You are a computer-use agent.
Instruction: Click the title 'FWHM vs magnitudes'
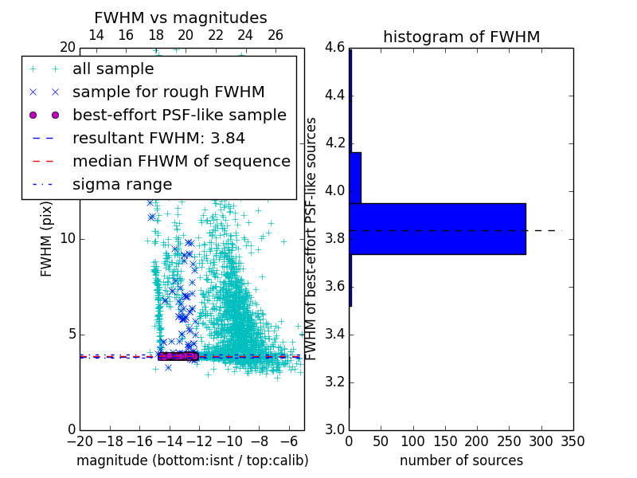(181, 18)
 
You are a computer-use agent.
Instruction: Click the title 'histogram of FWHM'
(461, 37)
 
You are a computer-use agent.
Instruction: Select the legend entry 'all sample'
(113, 69)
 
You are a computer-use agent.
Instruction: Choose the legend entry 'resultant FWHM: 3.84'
(158, 138)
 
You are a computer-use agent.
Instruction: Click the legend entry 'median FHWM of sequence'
(181, 161)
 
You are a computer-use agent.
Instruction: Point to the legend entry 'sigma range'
(122, 184)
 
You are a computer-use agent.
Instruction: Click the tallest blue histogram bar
(437, 229)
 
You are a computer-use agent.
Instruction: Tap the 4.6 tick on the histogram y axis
(335, 48)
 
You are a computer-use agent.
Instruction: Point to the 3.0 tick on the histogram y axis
(335, 429)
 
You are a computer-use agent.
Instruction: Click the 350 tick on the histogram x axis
(573, 441)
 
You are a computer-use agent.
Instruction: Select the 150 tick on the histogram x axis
(445, 441)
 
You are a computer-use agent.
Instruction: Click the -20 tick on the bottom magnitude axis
(80, 441)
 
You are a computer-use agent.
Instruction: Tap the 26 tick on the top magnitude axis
(276, 35)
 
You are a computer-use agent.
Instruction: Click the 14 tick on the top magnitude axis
(96, 35)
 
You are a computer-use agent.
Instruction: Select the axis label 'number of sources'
(461, 460)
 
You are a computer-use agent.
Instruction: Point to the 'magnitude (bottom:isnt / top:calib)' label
(192, 460)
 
